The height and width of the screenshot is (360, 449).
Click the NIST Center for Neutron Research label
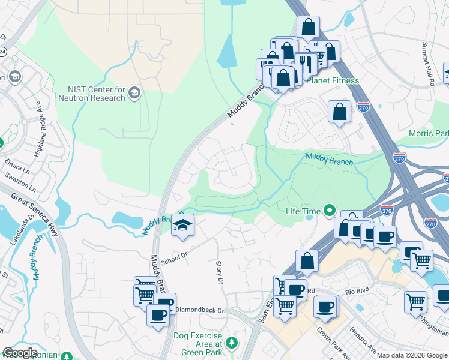[x=91, y=94]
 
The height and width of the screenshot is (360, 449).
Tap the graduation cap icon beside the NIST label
[x=134, y=93]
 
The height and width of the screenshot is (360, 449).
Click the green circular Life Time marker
[x=329, y=211]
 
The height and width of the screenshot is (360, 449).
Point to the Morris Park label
[x=429, y=133]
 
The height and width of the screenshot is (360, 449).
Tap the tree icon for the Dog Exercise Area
[x=231, y=343]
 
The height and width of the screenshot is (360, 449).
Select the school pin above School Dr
[x=182, y=226]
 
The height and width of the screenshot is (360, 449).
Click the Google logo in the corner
[x=20, y=353]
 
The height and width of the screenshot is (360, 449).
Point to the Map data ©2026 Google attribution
[x=412, y=355]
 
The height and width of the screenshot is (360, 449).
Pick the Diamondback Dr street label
[x=199, y=310]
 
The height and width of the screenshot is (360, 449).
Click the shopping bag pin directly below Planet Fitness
[x=339, y=112]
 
